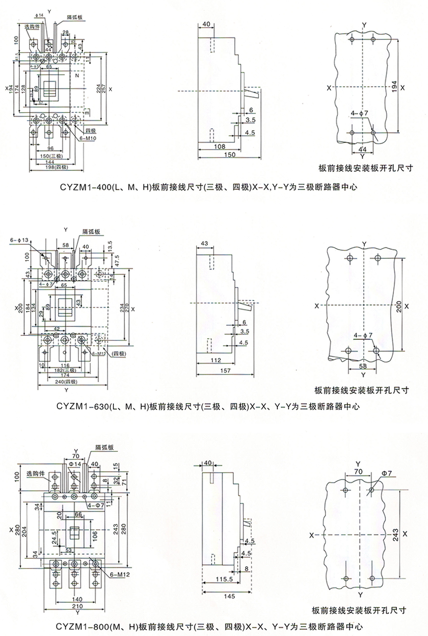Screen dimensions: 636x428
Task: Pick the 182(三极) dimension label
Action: [x=65, y=370]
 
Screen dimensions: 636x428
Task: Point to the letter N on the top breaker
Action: [x=77, y=77]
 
